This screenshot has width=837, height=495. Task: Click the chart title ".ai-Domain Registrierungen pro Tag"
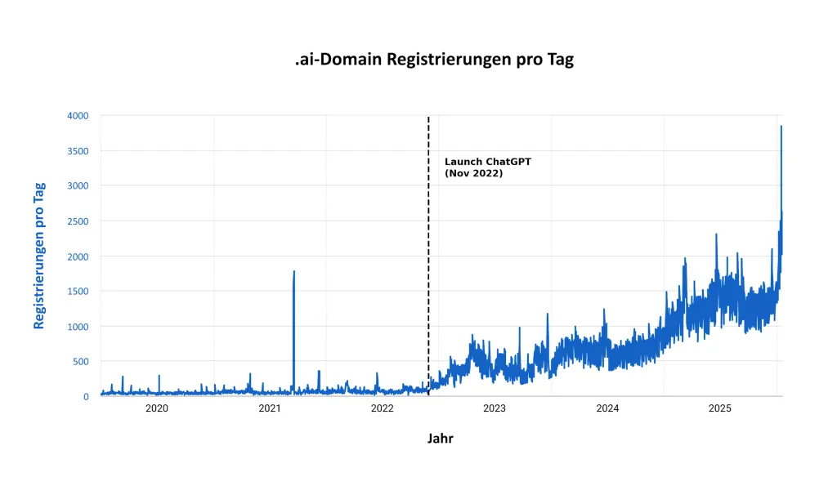coord(434,60)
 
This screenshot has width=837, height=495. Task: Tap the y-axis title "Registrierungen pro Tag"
coord(39,256)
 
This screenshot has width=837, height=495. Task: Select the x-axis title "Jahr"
coord(440,439)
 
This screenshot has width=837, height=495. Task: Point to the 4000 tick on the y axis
coord(78,116)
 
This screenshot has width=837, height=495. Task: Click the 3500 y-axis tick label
coord(78,151)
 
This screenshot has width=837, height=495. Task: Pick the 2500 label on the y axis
coord(78,221)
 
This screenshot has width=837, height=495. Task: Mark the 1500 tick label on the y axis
coord(78,292)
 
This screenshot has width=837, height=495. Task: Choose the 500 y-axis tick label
coord(81,362)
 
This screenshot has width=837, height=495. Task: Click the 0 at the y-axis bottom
coord(86,397)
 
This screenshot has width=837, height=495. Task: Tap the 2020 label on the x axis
coord(157,408)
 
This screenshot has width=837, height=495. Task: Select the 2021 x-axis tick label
coord(270,408)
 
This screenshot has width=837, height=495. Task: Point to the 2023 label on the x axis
coord(495,408)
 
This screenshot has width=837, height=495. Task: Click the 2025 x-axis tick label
coord(719,408)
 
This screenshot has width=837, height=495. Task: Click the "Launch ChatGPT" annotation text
coord(487,162)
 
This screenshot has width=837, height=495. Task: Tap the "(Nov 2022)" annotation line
coord(473,174)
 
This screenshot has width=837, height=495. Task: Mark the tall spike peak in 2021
coord(293,272)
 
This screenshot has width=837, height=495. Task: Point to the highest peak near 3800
coord(781,127)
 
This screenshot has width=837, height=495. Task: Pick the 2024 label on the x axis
coord(607,408)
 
